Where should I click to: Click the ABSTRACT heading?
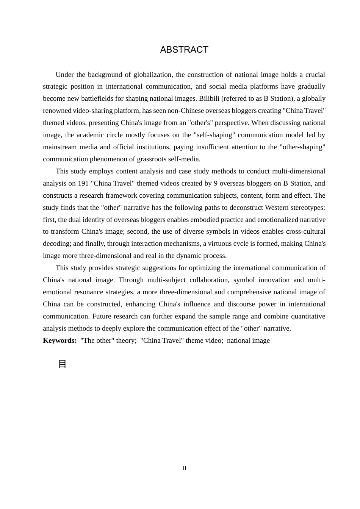[184, 50]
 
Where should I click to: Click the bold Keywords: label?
[60, 340]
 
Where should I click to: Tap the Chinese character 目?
[63, 364]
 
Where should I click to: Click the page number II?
[184, 468]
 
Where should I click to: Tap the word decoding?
[55, 244]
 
